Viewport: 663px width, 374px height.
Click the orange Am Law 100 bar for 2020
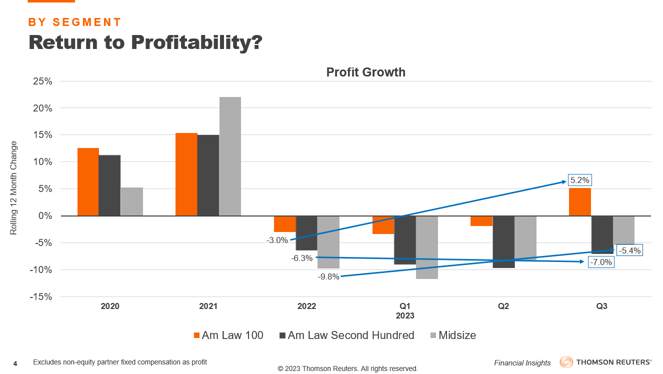pyautogui.click(x=88, y=182)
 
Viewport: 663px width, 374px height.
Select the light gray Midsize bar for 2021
pyautogui.click(x=230, y=156)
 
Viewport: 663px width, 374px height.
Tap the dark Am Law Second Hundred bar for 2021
pyautogui.click(x=208, y=175)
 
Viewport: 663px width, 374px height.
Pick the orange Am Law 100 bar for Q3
pyautogui.click(x=580, y=202)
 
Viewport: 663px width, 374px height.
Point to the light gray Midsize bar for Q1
pyautogui.click(x=426, y=247)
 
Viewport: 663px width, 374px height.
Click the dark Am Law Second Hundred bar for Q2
pyautogui.click(x=503, y=242)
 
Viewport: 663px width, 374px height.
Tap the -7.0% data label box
pyautogui.click(x=600, y=262)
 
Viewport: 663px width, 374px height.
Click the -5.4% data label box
pyautogui.click(x=629, y=250)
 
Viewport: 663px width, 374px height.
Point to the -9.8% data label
pyautogui.click(x=328, y=276)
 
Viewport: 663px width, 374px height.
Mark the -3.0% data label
pyautogui.click(x=277, y=240)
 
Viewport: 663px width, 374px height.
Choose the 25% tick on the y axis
pyautogui.click(x=42, y=81)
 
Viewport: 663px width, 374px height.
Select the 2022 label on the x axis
pyautogui.click(x=306, y=306)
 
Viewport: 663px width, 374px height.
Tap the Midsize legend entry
pyautogui.click(x=452, y=335)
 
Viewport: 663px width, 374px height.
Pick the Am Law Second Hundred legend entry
pyautogui.click(x=346, y=335)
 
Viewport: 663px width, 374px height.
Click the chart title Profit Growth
pyautogui.click(x=365, y=72)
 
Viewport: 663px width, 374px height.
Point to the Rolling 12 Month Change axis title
pyautogui.click(x=13, y=188)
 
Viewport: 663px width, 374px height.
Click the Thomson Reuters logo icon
pyautogui.click(x=566, y=362)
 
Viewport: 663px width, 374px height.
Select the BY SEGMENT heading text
pyautogui.click(x=75, y=22)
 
